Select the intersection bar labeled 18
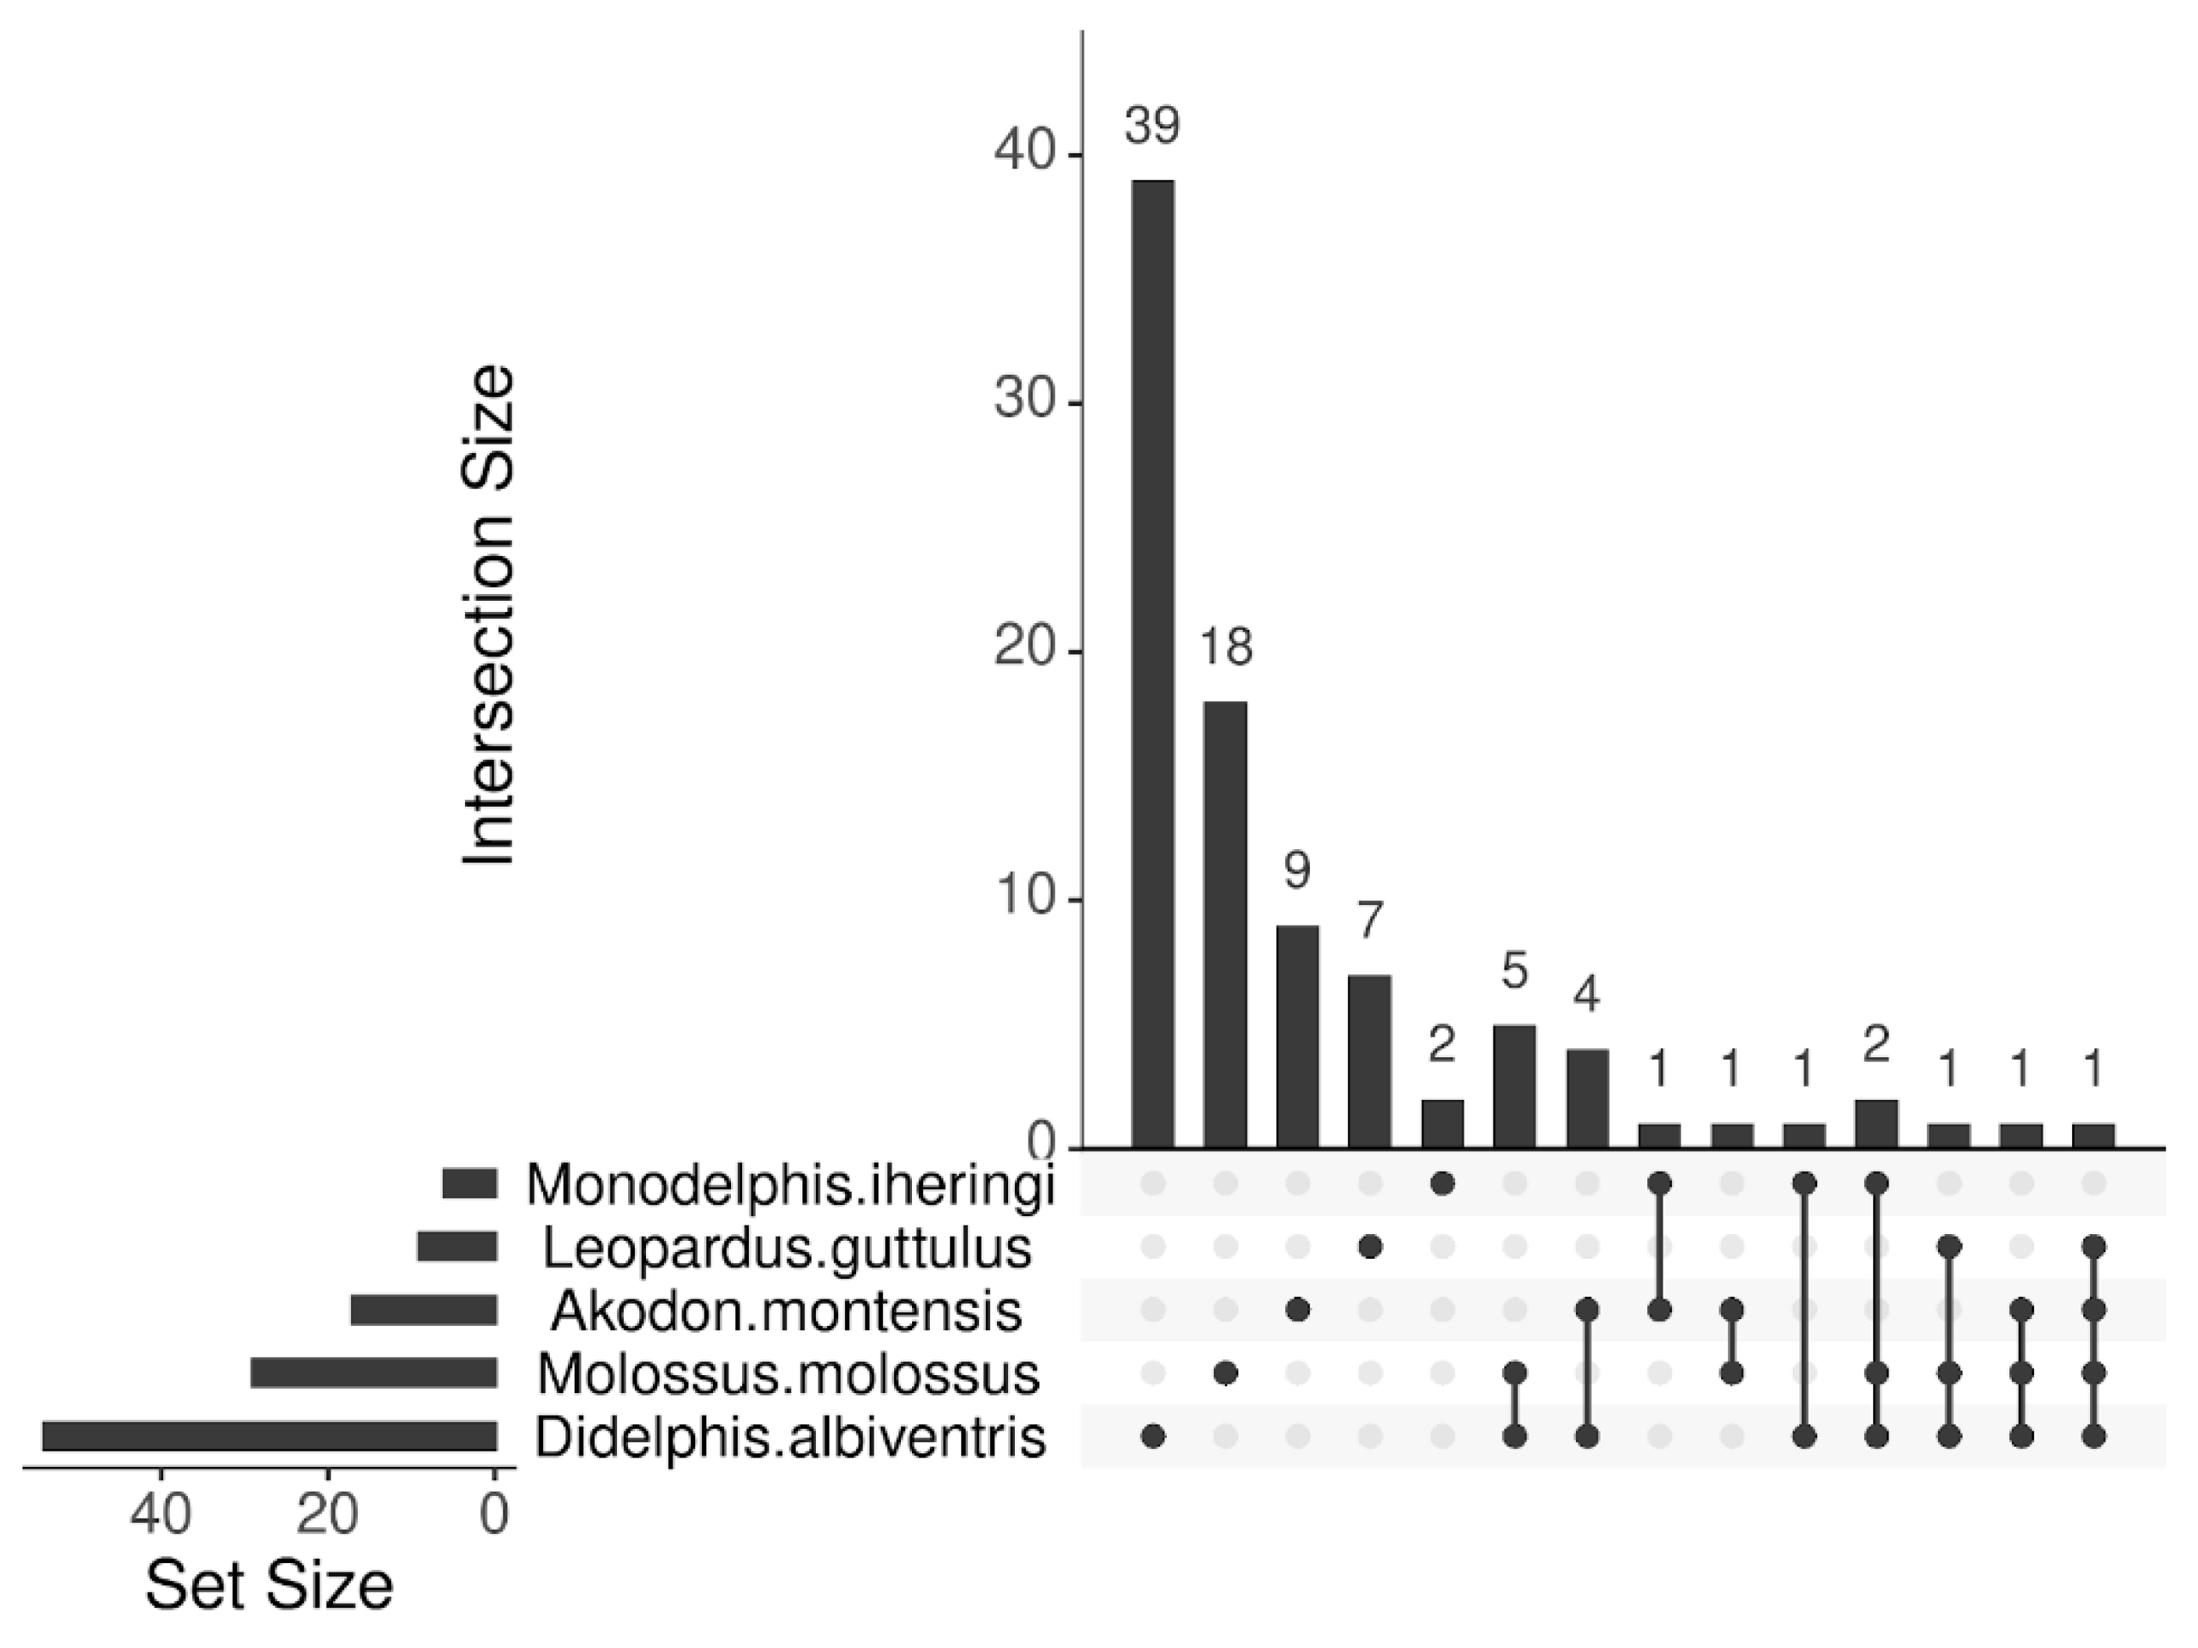click(x=1225, y=924)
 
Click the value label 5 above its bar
click(x=1514, y=972)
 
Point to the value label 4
click(x=1587, y=996)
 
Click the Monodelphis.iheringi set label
click(x=790, y=1184)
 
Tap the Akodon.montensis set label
click(x=786, y=1311)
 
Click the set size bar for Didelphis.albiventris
click(x=269, y=1437)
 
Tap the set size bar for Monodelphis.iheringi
click(x=469, y=1183)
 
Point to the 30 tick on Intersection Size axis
click(x=1023, y=404)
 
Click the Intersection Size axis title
click(x=489, y=616)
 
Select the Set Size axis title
click(x=269, y=1587)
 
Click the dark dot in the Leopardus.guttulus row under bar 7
click(x=1369, y=1247)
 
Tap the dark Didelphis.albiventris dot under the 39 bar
click(x=1153, y=1436)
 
